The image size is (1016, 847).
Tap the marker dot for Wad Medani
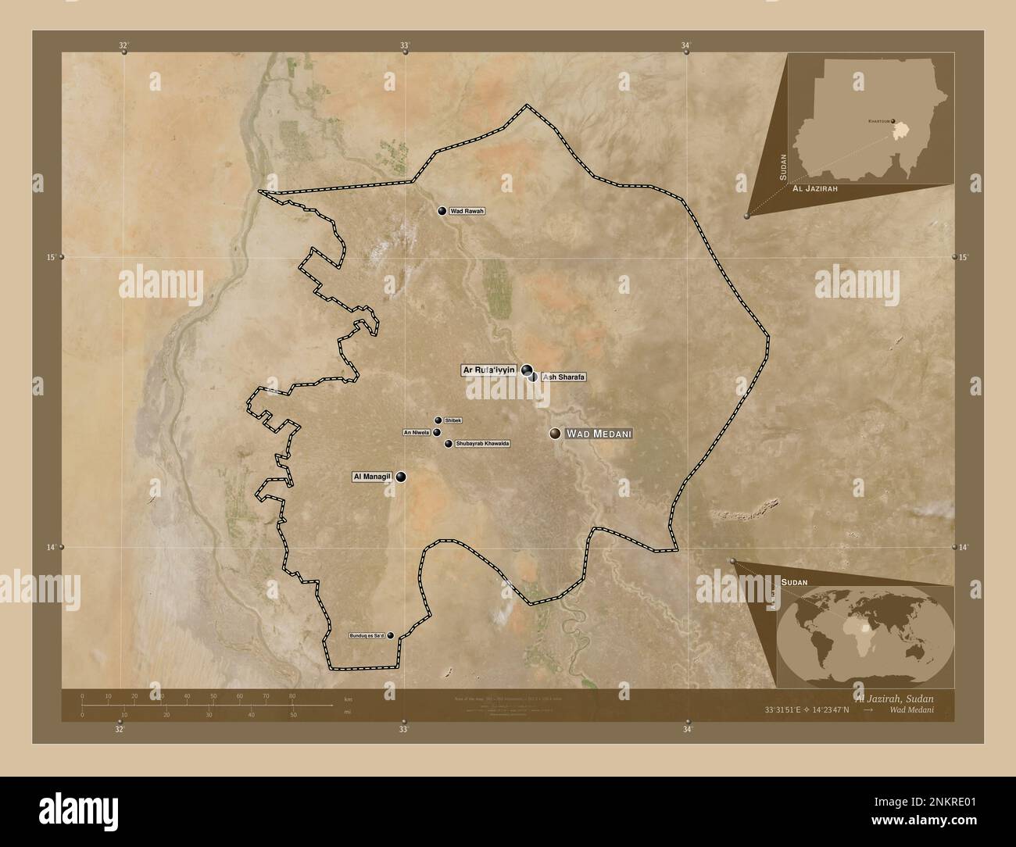click(x=555, y=434)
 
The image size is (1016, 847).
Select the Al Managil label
click(x=372, y=476)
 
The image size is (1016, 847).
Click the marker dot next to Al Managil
click(x=401, y=476)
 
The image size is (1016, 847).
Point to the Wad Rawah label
click(x=467, y=211)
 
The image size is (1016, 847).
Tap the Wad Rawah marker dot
click(x=442, y=211)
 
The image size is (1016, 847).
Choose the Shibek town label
click(x=453, y=420)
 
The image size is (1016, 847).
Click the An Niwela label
click(x=416, y=432)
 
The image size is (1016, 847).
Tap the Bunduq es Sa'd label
click(x=367, y=636)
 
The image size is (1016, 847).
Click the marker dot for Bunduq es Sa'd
click(x=390, y=636)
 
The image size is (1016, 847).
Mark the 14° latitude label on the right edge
click(x=964, y=548)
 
